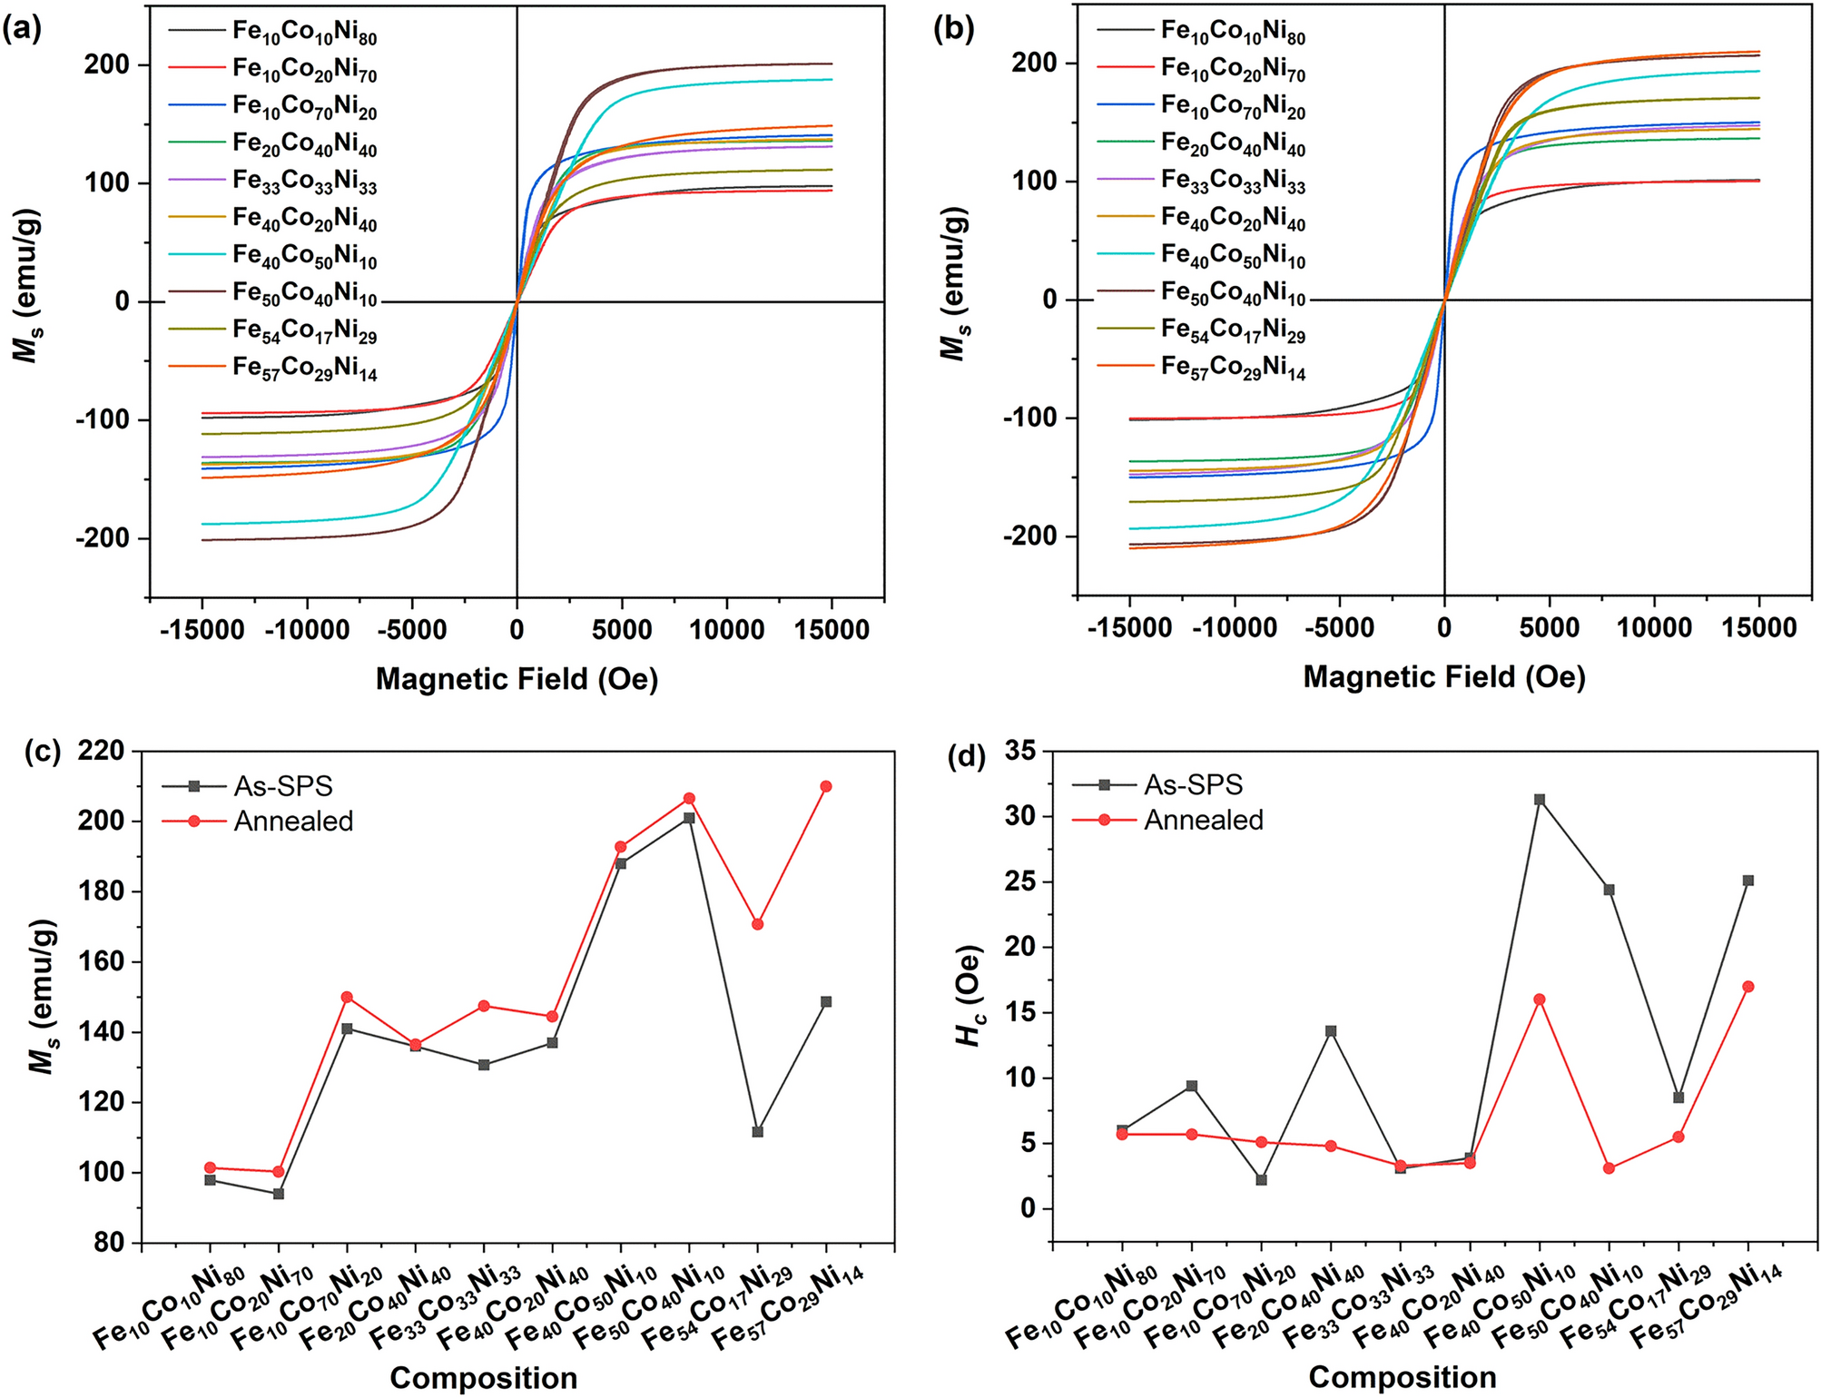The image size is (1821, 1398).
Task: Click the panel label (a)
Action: pyautogui.click(x=22, y=29)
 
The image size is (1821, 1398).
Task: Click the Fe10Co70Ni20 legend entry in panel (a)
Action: pyautogui.click(x=304, y=106)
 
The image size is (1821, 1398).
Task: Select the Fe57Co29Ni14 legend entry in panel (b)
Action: pyautogui.click(x=1233, y=367)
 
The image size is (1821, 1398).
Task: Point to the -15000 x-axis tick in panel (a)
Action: pyautogui.click(x=202, y=629)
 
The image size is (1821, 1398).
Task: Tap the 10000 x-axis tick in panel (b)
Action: pyautogui.click(x=1654, y=627)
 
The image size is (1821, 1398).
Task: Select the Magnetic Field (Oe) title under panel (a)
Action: pyautogui.click(x=517, y=678)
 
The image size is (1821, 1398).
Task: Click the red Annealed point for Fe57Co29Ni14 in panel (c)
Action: pyautogui.click(x=826, y=786)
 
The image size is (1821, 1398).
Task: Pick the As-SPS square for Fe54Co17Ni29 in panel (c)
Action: pyautogui.click(x=757, y=1132)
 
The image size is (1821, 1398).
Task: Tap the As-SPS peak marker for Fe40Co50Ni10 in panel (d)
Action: pyautogui.click(x=1540, y=800)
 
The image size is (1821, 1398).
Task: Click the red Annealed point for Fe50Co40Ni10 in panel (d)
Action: pyautogui.click(x=1609, y=1168)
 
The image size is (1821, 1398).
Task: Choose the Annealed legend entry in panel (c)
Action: pyautogui.click(x=292, y=822)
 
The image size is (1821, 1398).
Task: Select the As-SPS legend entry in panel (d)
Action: pyautogui.click(x=1193, y=785)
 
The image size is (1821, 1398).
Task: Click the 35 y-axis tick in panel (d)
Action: pyautogui.click(x=1020, y=751)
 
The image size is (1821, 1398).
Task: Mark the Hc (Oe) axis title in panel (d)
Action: pyautogui.click(x=970, y=996)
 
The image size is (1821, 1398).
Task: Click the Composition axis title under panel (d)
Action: pyautogui.click(x=1402, y=1378)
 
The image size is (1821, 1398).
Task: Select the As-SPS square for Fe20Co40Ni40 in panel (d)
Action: pyautogui.click(x=1331, y=1031)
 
